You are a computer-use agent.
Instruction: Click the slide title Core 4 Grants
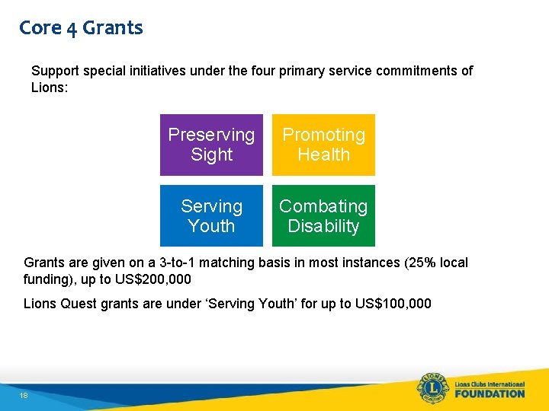pos(81,28)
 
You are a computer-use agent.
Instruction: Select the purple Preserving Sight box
pos(211,145)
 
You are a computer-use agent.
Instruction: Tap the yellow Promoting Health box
pos(323,145)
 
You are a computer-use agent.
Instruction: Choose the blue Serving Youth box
pos(211,216)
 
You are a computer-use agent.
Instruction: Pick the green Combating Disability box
pos(323,216)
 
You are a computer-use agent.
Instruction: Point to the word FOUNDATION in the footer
pos(490,393)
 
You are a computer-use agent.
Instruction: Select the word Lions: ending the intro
pos(50,88)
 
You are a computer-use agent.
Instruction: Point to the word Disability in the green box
pos(323,226)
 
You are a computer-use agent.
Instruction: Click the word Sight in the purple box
pos(211,155)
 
